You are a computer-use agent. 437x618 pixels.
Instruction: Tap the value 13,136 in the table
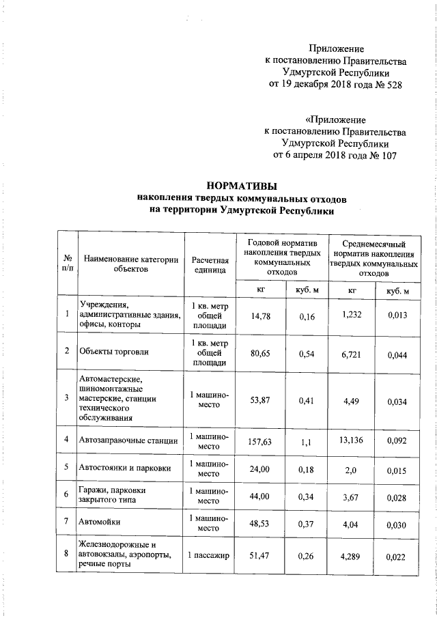pos(352,440)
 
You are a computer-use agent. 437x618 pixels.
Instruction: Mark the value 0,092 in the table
pos(397,443)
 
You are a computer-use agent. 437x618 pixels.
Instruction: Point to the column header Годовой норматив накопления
pos(281,257)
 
